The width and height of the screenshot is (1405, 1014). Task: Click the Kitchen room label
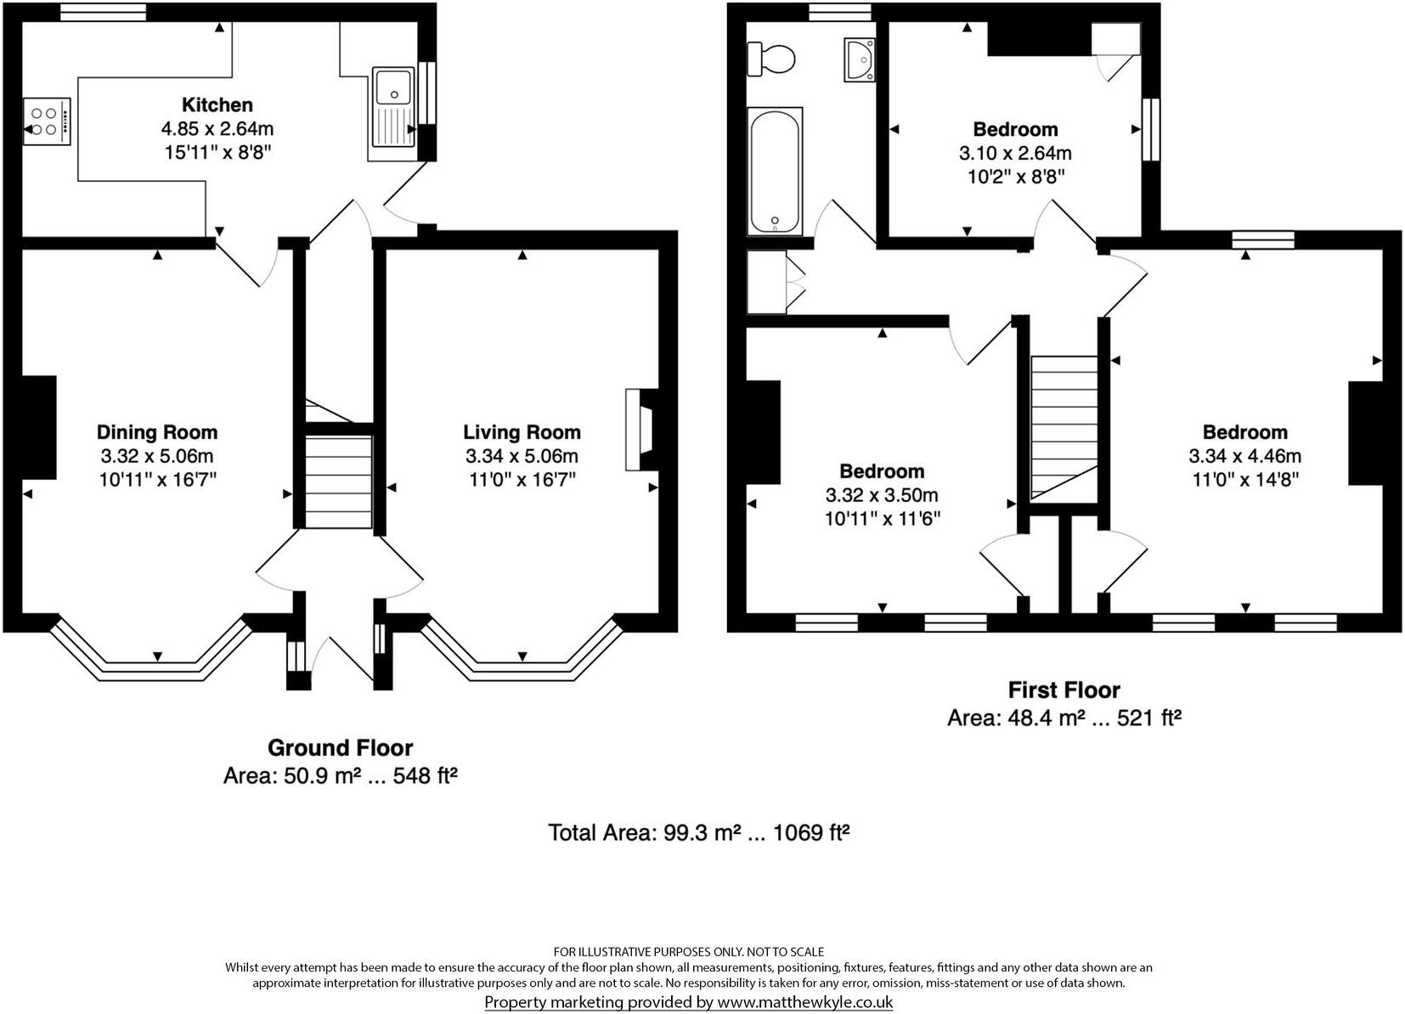coord(217,105)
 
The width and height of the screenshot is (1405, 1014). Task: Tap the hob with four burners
coord(47,121)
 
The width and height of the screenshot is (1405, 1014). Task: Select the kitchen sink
coord(392,112)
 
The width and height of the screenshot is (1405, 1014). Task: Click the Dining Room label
coord(157,432)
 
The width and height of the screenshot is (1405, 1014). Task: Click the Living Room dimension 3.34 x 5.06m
coord(522,456)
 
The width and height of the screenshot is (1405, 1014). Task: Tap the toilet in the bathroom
coord(771,59)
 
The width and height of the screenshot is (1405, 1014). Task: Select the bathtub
coord(775,171)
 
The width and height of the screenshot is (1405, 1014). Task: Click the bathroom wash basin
coord(860,59)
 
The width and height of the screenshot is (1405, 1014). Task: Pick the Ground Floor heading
coord(340,748)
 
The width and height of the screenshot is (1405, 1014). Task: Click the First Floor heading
coord(1064,690)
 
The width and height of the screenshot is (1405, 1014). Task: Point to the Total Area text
coord(699,832)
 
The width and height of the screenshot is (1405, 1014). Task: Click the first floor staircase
coord(1064,427)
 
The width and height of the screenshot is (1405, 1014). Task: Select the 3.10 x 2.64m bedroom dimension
coord(1015,154)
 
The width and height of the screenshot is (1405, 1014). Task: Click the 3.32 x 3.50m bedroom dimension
coord(882,495)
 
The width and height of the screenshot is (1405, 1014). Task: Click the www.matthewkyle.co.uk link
coord(804,1002)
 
